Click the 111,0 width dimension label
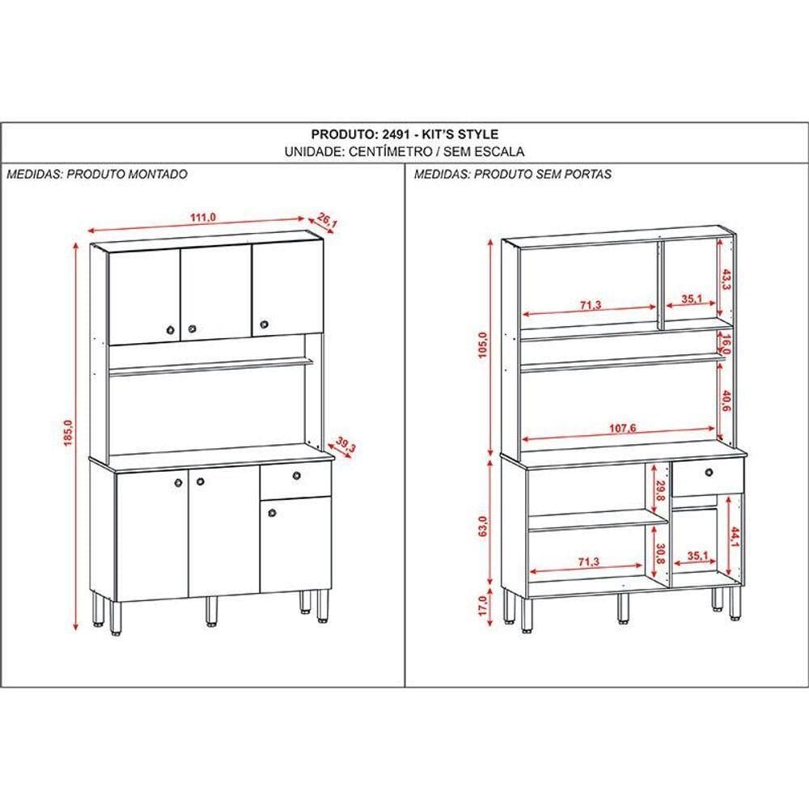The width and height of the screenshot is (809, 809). (x=203, y=217)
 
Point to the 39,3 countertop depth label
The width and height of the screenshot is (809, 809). (x=345, y=445)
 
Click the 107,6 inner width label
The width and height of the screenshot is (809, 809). (x=622, y=428)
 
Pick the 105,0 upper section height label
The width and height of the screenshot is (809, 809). (x=483, y=345)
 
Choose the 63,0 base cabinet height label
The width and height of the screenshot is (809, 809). (x=483, y=527)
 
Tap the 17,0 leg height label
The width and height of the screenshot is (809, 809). (x=483, y=606)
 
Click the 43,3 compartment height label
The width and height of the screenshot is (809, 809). (x=726, y=280)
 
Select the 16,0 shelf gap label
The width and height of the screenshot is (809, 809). (x=726, y=345)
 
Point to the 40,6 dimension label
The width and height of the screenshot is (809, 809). (x=726, y=400)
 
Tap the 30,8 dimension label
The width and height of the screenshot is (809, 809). (x=661, y=553)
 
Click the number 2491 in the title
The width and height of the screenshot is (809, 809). (x=396, y=134)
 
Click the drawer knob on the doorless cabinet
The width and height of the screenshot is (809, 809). (x=709, y=472)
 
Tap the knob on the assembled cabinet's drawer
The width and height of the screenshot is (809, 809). (x=297, y=475)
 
